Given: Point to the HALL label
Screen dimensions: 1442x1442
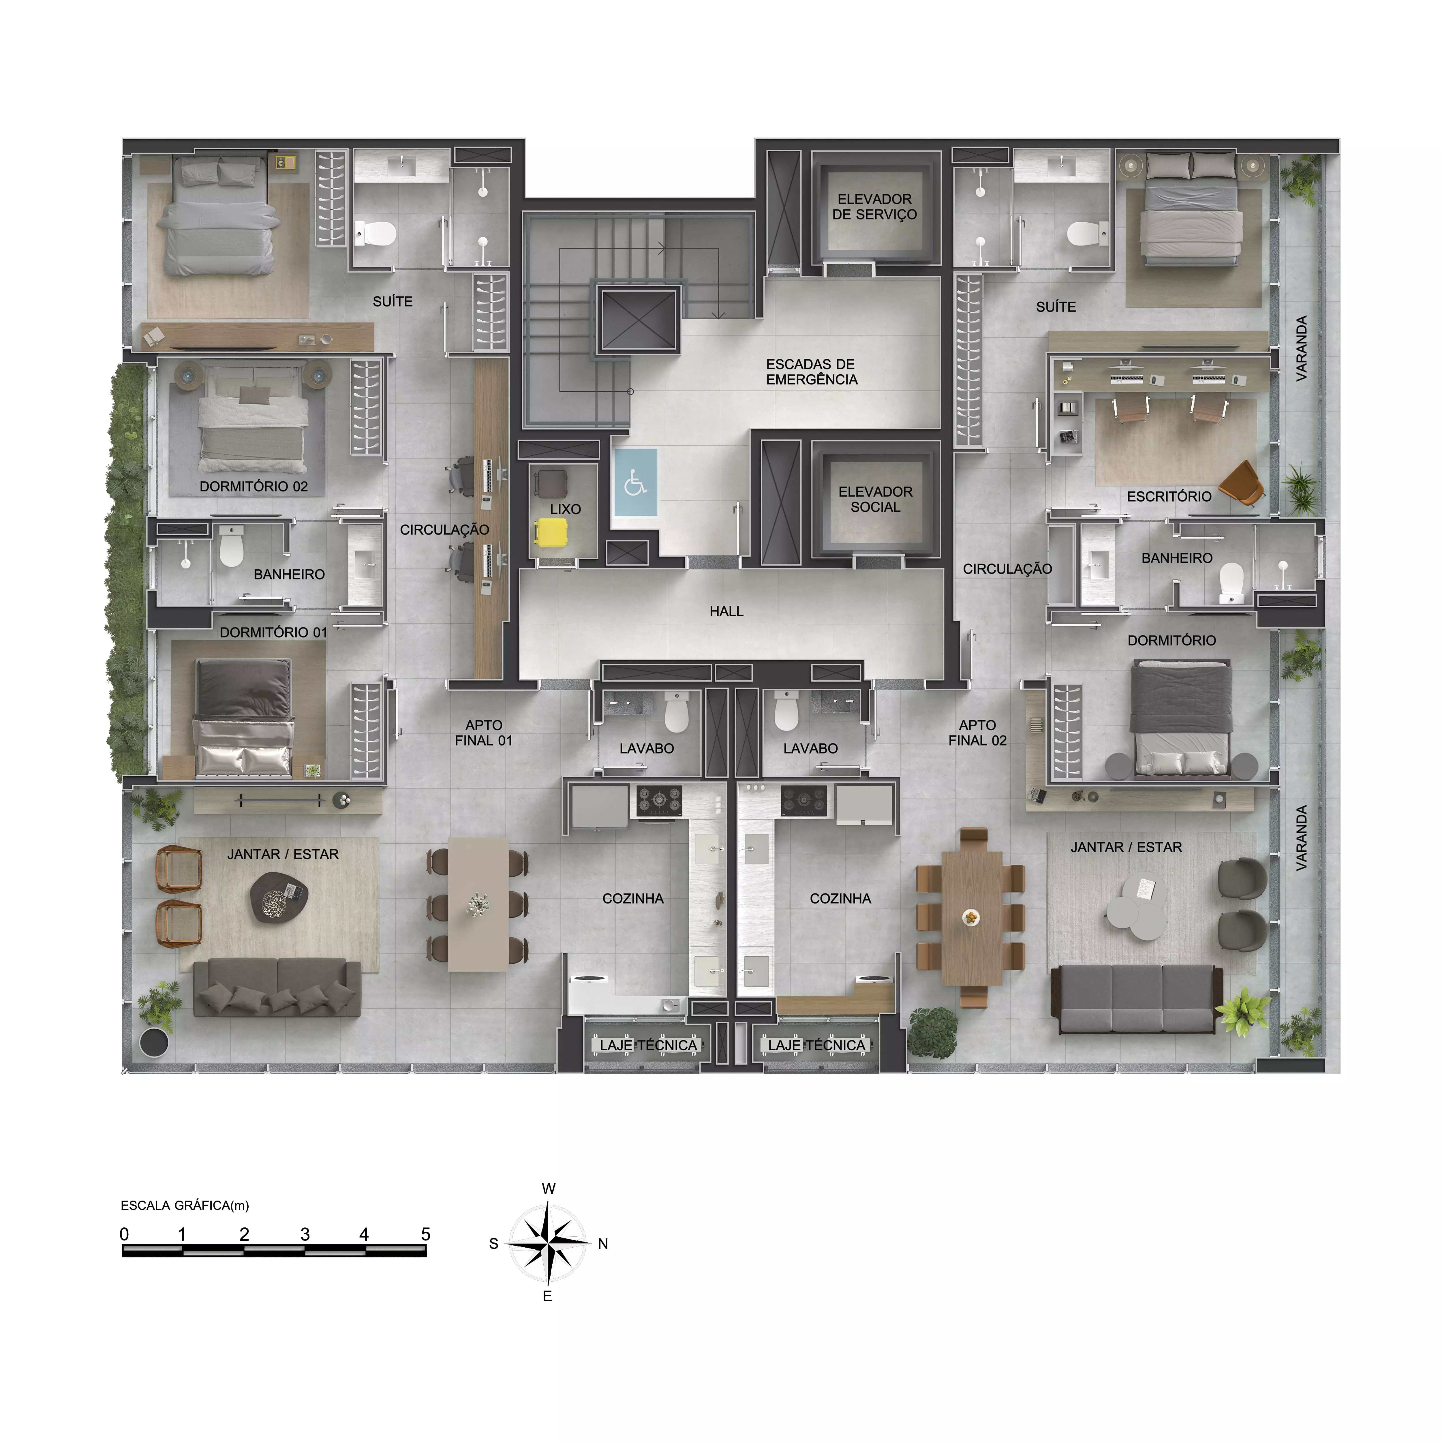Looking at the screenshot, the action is pos(726,611).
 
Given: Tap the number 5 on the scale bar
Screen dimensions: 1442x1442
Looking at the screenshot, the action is pos(425,1234).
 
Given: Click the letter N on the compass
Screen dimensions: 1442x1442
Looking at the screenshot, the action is pos(603,1244).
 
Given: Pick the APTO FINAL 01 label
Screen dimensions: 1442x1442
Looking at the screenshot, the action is pos(484,733).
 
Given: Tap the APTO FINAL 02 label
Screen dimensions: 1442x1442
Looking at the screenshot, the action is pos(978,733).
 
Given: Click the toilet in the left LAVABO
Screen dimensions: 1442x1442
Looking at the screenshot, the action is pos(676,712).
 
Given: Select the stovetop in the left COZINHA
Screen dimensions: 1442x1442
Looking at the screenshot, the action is pos(659,800).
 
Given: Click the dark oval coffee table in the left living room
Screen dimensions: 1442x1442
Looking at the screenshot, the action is pos(279,896).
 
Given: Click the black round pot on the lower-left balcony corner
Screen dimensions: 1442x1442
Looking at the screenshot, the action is pos(154,1042).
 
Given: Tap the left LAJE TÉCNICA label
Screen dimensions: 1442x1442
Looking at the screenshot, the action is pos(648,1045).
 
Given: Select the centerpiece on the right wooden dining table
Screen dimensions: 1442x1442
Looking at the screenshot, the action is pos(970,917).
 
